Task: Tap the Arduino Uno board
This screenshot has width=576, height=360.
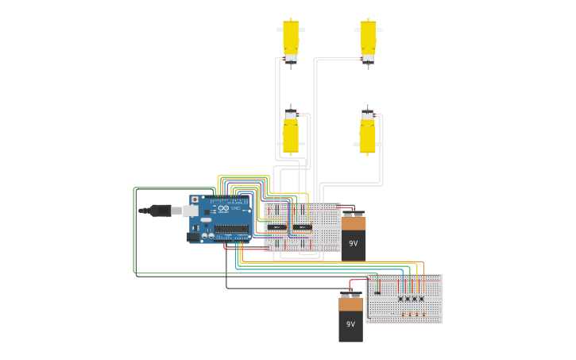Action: (x=222, y=219)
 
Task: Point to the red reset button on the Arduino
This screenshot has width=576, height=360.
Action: (x=195, y=200)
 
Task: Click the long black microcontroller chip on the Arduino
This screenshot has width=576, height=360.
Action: (x=231, y=229)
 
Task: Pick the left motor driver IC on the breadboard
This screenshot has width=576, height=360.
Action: (x=276, y=227)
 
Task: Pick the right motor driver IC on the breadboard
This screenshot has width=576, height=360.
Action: (x=302, y=227)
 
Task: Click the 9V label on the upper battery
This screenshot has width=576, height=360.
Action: (x=353, y=244)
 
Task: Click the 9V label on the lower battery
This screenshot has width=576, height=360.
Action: (x=350, y=324)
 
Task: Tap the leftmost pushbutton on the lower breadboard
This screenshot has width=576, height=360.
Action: (x=401, y=299)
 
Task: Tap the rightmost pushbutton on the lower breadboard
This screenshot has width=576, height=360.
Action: (x=421, y=299)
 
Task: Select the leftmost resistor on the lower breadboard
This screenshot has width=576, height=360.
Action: (x=402, y=314)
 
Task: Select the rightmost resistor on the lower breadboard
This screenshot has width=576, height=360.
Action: (x=421, y=314)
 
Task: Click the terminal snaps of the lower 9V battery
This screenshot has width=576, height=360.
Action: (x=350, y=294)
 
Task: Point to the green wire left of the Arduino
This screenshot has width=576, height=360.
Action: (x=133, y=230)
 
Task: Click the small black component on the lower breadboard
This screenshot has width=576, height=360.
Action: (x=377, y=292)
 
